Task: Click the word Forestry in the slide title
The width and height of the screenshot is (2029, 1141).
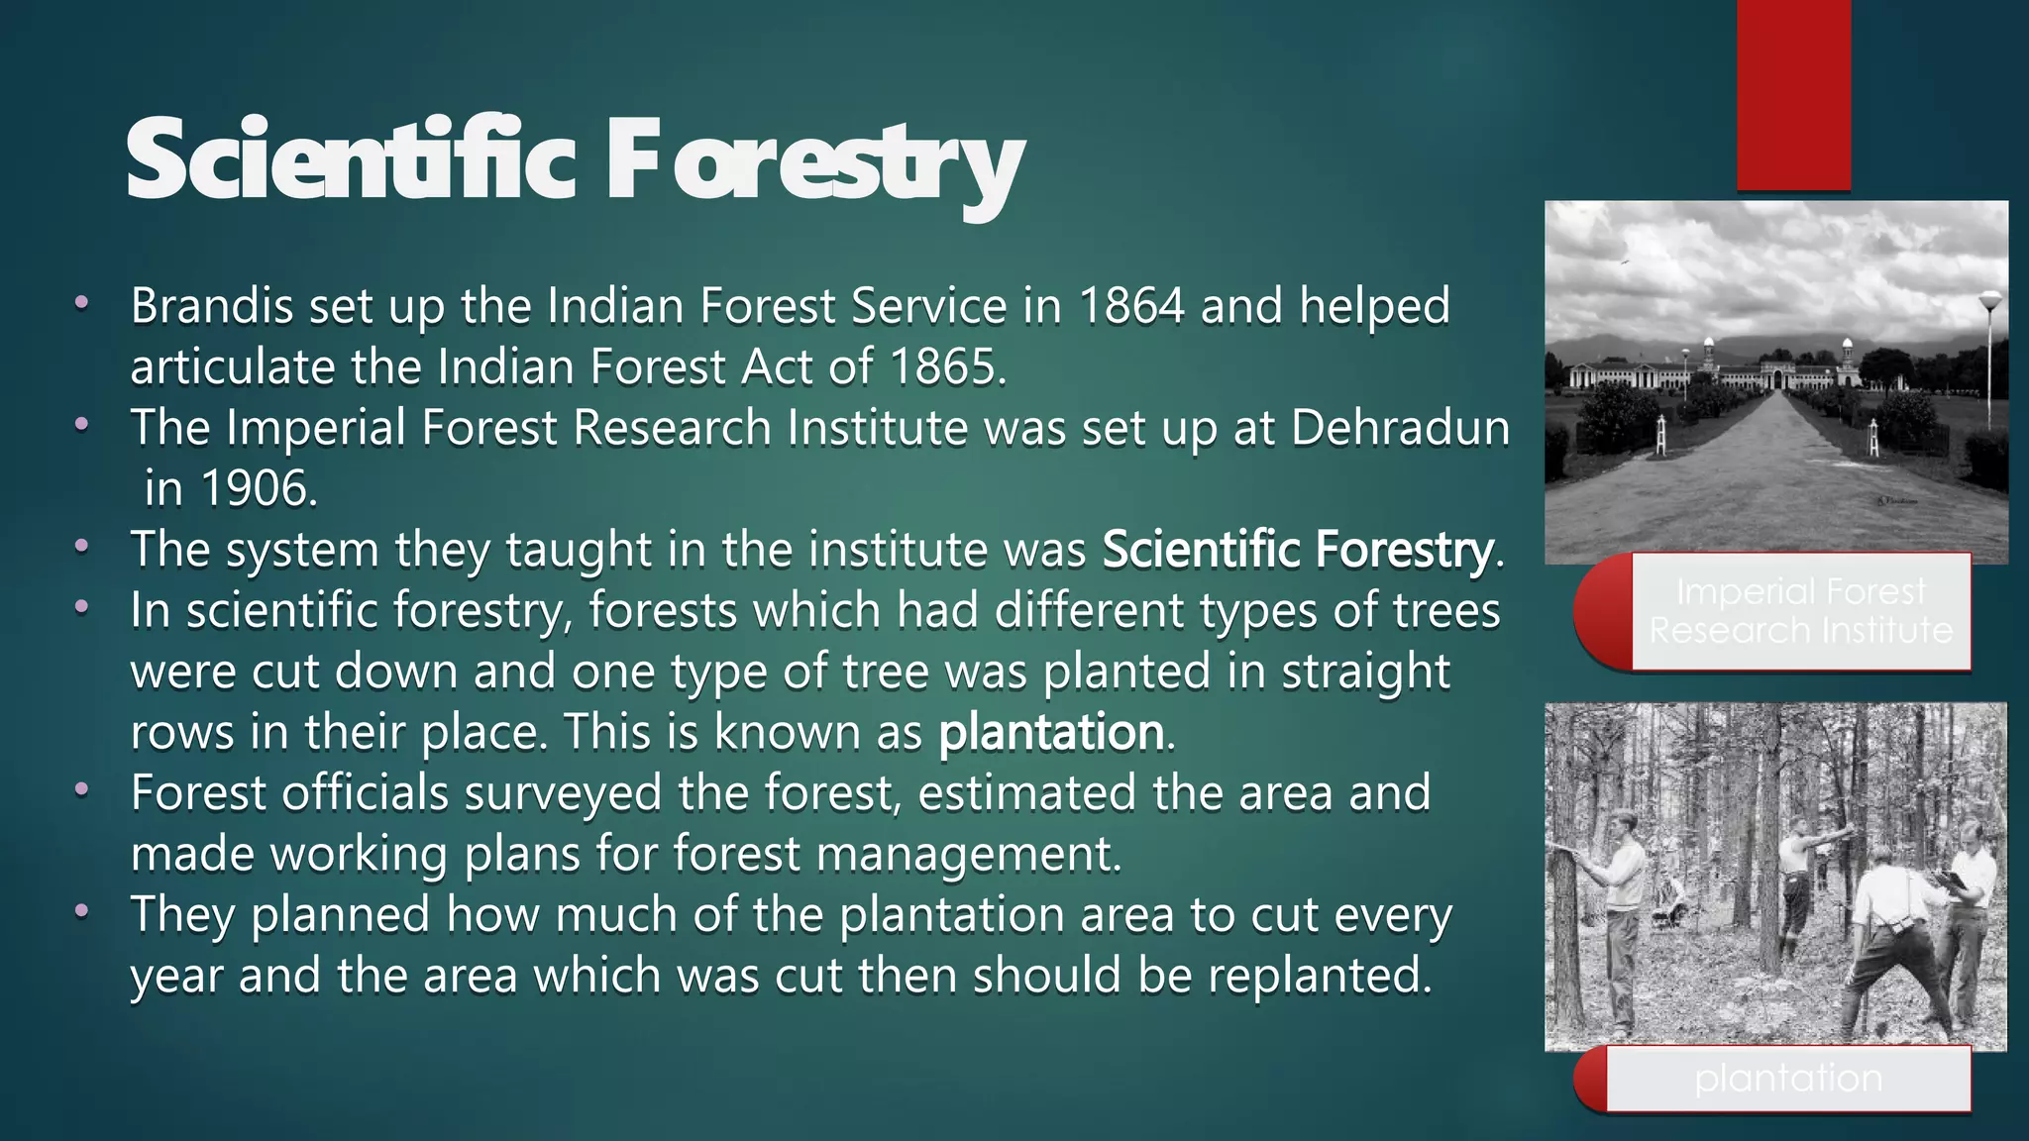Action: click(815, 163)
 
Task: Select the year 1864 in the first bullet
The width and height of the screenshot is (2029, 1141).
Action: click(1130, 306)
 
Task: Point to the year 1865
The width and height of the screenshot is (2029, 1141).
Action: click(942, 367)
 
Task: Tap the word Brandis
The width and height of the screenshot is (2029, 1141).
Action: click(211, 306)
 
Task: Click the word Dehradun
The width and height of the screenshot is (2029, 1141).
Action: click(1400, 428)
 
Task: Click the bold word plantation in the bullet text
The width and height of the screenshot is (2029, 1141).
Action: click(1050, 733)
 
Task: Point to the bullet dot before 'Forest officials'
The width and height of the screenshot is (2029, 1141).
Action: click(82, 791)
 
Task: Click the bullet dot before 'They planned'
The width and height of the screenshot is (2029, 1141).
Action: click(82, 912)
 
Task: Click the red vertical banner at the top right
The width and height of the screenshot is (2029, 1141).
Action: click(1793, 94)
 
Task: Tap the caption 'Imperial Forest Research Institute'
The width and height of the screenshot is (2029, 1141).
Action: click(1800, 611)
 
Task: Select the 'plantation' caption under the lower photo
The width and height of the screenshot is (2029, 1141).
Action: click(1787, 1078)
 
